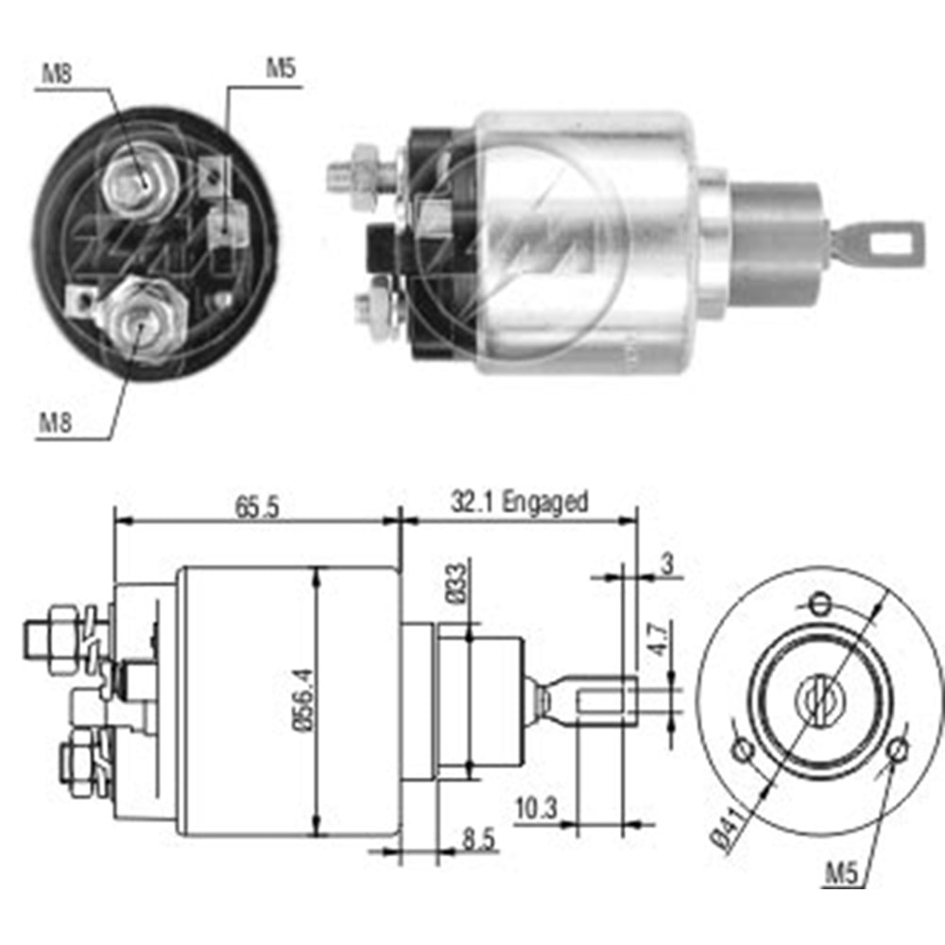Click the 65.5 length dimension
(255, 507)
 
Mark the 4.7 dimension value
(661, 643)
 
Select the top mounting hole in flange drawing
(821, 602)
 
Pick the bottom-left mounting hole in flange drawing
(745, 750)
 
